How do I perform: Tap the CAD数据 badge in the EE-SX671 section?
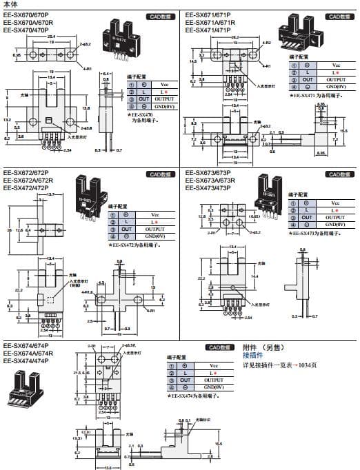(x=339, y=16)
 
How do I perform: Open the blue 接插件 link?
(x=253, y=355)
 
